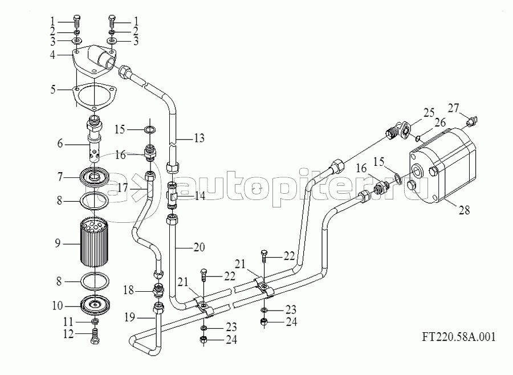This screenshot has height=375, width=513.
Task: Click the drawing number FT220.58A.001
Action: tap(458, 337)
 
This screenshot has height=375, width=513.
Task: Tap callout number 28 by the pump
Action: tap(464, 210)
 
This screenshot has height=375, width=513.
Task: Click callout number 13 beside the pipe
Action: tap(199, 138)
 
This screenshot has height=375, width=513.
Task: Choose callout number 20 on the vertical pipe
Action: tap(199, 247)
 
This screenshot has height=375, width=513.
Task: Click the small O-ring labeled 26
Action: tap(418, 140)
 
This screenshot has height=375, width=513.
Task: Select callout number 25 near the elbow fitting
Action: tap(429, 113)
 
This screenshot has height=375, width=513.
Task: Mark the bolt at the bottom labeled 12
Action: tap(94, 336)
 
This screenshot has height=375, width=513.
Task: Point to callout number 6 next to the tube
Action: tap(60, 143)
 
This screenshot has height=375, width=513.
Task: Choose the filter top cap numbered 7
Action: tap(95, 177)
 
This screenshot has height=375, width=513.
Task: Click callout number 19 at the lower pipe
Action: tap(129, 317)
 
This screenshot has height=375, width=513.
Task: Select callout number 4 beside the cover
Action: tap(52, 55)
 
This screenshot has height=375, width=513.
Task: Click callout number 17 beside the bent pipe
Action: tap(123, 189)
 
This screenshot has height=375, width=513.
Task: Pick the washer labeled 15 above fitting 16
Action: tap(150, 130)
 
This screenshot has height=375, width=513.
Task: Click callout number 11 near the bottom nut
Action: tap(68, 322)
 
